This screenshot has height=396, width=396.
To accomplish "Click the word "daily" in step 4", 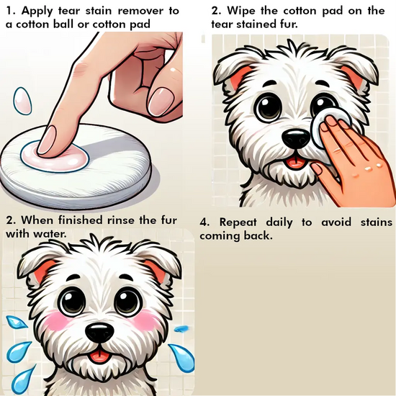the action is coord(279,222).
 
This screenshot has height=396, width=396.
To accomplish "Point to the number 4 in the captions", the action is coord(203,222).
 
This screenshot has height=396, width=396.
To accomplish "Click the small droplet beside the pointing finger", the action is coord(22,101).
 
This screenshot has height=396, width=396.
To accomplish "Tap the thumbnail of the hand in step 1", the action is coord(161,101).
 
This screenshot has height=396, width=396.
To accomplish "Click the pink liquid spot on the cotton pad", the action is coord(55,156).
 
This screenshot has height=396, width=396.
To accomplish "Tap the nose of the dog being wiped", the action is coord(296,138).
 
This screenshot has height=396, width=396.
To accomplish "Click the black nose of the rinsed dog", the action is coord(99,333).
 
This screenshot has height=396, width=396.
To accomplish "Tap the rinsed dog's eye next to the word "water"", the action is coord(72,301).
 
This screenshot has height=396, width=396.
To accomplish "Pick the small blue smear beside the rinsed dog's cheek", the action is coord(181,328).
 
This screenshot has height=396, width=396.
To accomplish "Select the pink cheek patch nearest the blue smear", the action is coord(146,320).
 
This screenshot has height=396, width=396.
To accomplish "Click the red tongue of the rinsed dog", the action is coord(100,356).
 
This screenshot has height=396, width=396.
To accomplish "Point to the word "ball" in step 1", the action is coord(64,24).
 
